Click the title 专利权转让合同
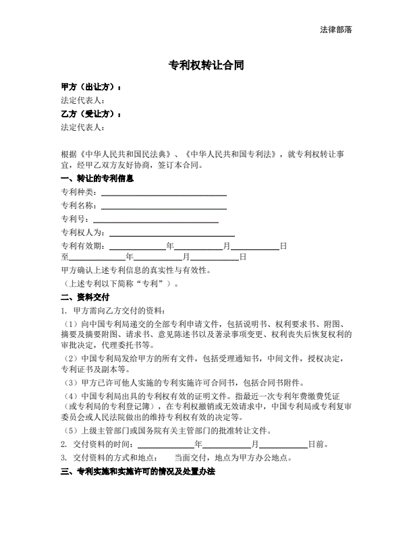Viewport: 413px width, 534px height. coord(206,65)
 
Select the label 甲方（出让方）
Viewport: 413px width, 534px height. coord(90,88)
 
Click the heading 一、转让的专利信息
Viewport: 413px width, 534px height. coord(97,179)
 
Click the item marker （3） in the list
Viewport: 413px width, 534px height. coord(70,383)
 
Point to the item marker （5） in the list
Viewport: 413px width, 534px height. coord(70,431)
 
